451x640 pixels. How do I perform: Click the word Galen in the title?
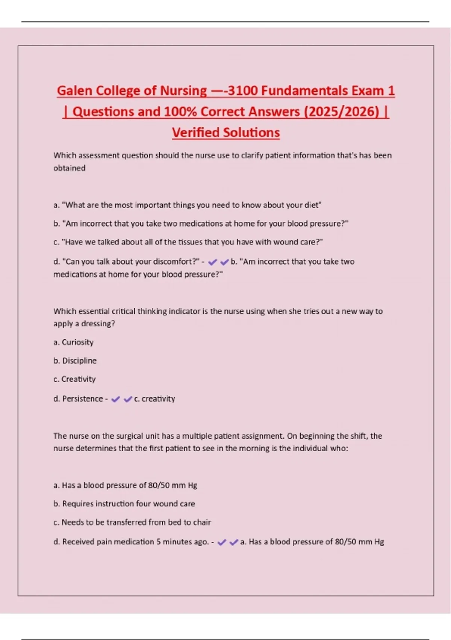click(75, 91)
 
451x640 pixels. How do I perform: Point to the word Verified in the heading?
click(195, 133)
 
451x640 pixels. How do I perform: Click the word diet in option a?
click(311, 205)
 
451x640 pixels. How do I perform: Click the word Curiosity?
click(77, 342)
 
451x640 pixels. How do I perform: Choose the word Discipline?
click(79, 361)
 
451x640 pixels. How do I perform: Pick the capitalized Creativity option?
click(79, 379)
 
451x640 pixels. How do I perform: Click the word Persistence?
click(82, 399)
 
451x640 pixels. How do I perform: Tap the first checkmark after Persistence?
click(116, 399)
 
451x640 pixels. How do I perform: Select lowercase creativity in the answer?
click(158, 399)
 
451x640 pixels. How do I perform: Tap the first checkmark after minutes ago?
click(222, 542)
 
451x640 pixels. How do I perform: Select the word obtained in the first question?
click(69, 168)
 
